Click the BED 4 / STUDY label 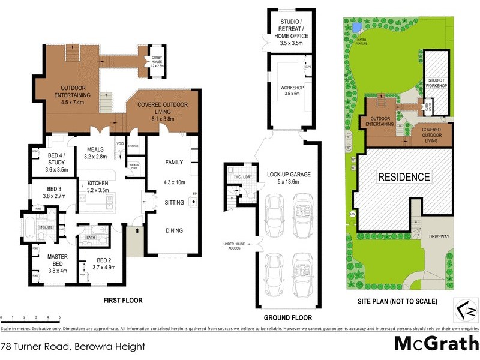tap(57, 162)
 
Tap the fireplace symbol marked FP tap(194, 201)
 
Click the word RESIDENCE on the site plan tap(403, 176)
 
